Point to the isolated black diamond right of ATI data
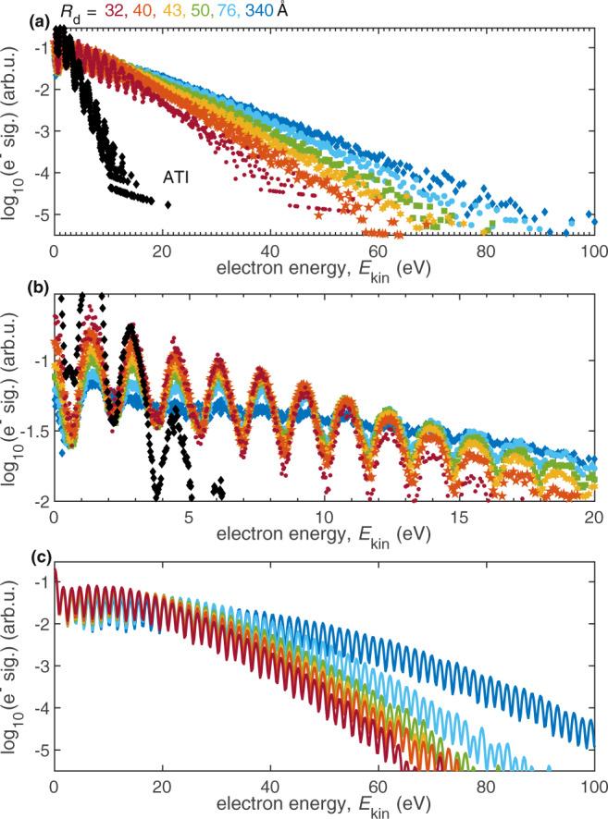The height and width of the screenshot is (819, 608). [168, 204]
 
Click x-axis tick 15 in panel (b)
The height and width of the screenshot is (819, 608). [458, 516]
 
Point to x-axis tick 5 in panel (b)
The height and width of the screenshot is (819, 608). [189, 516]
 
